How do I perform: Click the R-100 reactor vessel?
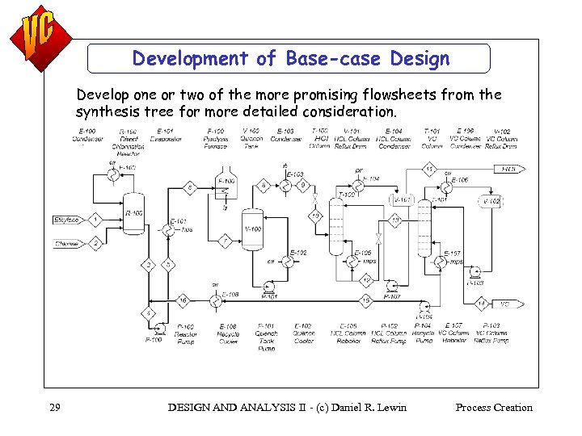pos(133,213)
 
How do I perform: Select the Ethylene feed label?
pos(66,220)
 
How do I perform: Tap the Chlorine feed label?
pos(66,243)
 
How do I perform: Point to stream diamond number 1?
pos(95,220)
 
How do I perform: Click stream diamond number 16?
pos(183,300)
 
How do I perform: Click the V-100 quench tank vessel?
pos(253,229)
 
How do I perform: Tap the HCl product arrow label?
pos(510,169)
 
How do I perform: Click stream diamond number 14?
pos(481,304)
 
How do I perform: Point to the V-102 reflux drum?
pos(491,200)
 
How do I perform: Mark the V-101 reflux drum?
pos(403,199)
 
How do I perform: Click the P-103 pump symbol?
pos(474,273)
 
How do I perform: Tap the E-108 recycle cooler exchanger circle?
pos(217,300)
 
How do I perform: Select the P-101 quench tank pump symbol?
pos(269,285)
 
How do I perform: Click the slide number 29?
pos(55,408)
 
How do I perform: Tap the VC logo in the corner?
pos(37,37)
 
